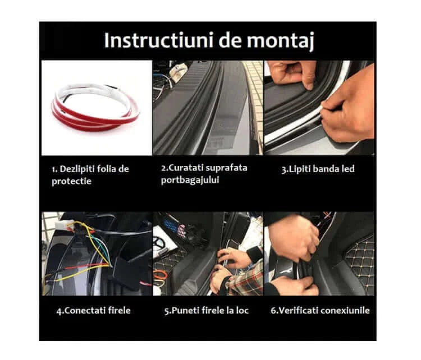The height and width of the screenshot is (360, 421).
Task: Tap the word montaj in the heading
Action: (x=280, y=41)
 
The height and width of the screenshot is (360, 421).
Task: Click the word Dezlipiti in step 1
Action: (x=77, y=169)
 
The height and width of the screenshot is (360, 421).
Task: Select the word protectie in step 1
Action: (x=71, y=181)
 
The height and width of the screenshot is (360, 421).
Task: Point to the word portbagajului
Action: (x=190, y=180)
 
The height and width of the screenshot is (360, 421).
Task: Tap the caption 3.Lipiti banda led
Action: (x=318, y=169)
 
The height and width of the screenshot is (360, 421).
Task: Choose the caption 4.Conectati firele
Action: (x=93, y=310)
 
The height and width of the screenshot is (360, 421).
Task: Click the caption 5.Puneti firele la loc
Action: (x=207, y=310)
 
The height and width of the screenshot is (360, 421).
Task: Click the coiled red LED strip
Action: (x=95, y=107)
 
